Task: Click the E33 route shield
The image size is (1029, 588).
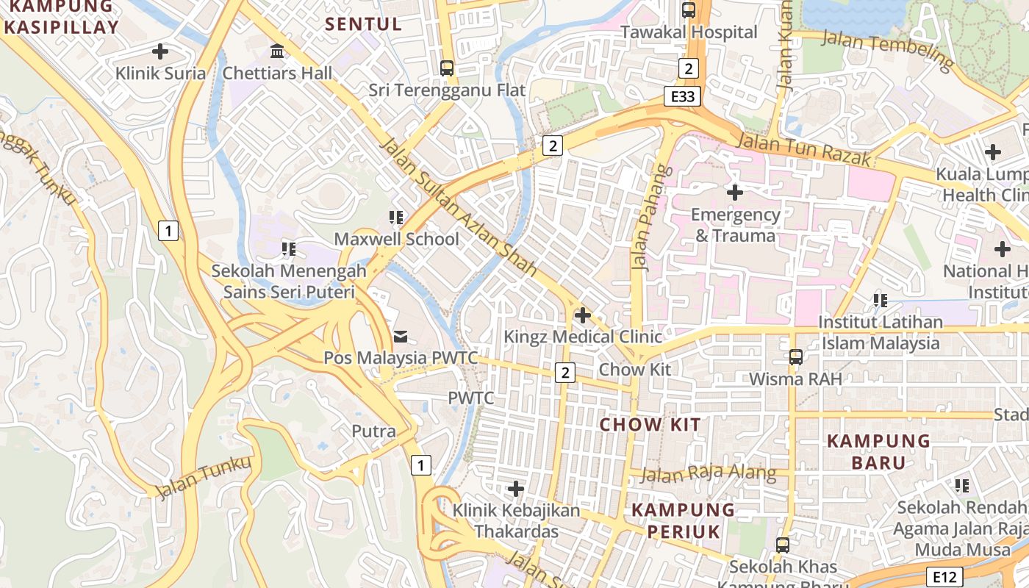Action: click(x=681, y=96)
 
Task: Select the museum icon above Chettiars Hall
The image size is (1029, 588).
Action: click(x=277, y=51)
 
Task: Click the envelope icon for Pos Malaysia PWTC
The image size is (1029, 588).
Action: click(x=401, y=337)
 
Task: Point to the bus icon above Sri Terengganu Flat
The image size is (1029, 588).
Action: click(x=446, y=68)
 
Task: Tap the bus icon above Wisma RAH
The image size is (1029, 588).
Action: click(x=795, y=357)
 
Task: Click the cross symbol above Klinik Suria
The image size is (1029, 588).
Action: click(x=159, y=51)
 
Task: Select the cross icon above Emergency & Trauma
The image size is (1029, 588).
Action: click(x=734, y=193)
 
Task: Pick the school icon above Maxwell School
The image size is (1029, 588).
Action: click(x=396, y=218)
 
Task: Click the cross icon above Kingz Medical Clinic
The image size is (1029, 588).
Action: click(x=582, y=315)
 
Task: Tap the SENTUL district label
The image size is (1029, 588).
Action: click(x=364, y=24)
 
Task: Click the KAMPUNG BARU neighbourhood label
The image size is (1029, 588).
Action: click(x=878, y=451)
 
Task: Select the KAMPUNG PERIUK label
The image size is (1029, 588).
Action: click(x=683, y=520)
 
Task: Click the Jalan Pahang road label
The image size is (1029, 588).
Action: click(x=642, y=218)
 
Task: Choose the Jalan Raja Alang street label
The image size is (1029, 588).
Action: click(x=708, y=473)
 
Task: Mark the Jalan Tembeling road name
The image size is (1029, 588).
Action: click(x=888, y=49)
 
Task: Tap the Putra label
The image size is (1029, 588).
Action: click(x=373, y=431)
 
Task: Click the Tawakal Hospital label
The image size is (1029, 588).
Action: click(x=689, y=32)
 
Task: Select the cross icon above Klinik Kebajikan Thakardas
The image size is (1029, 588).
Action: click(x=516, y=489)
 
